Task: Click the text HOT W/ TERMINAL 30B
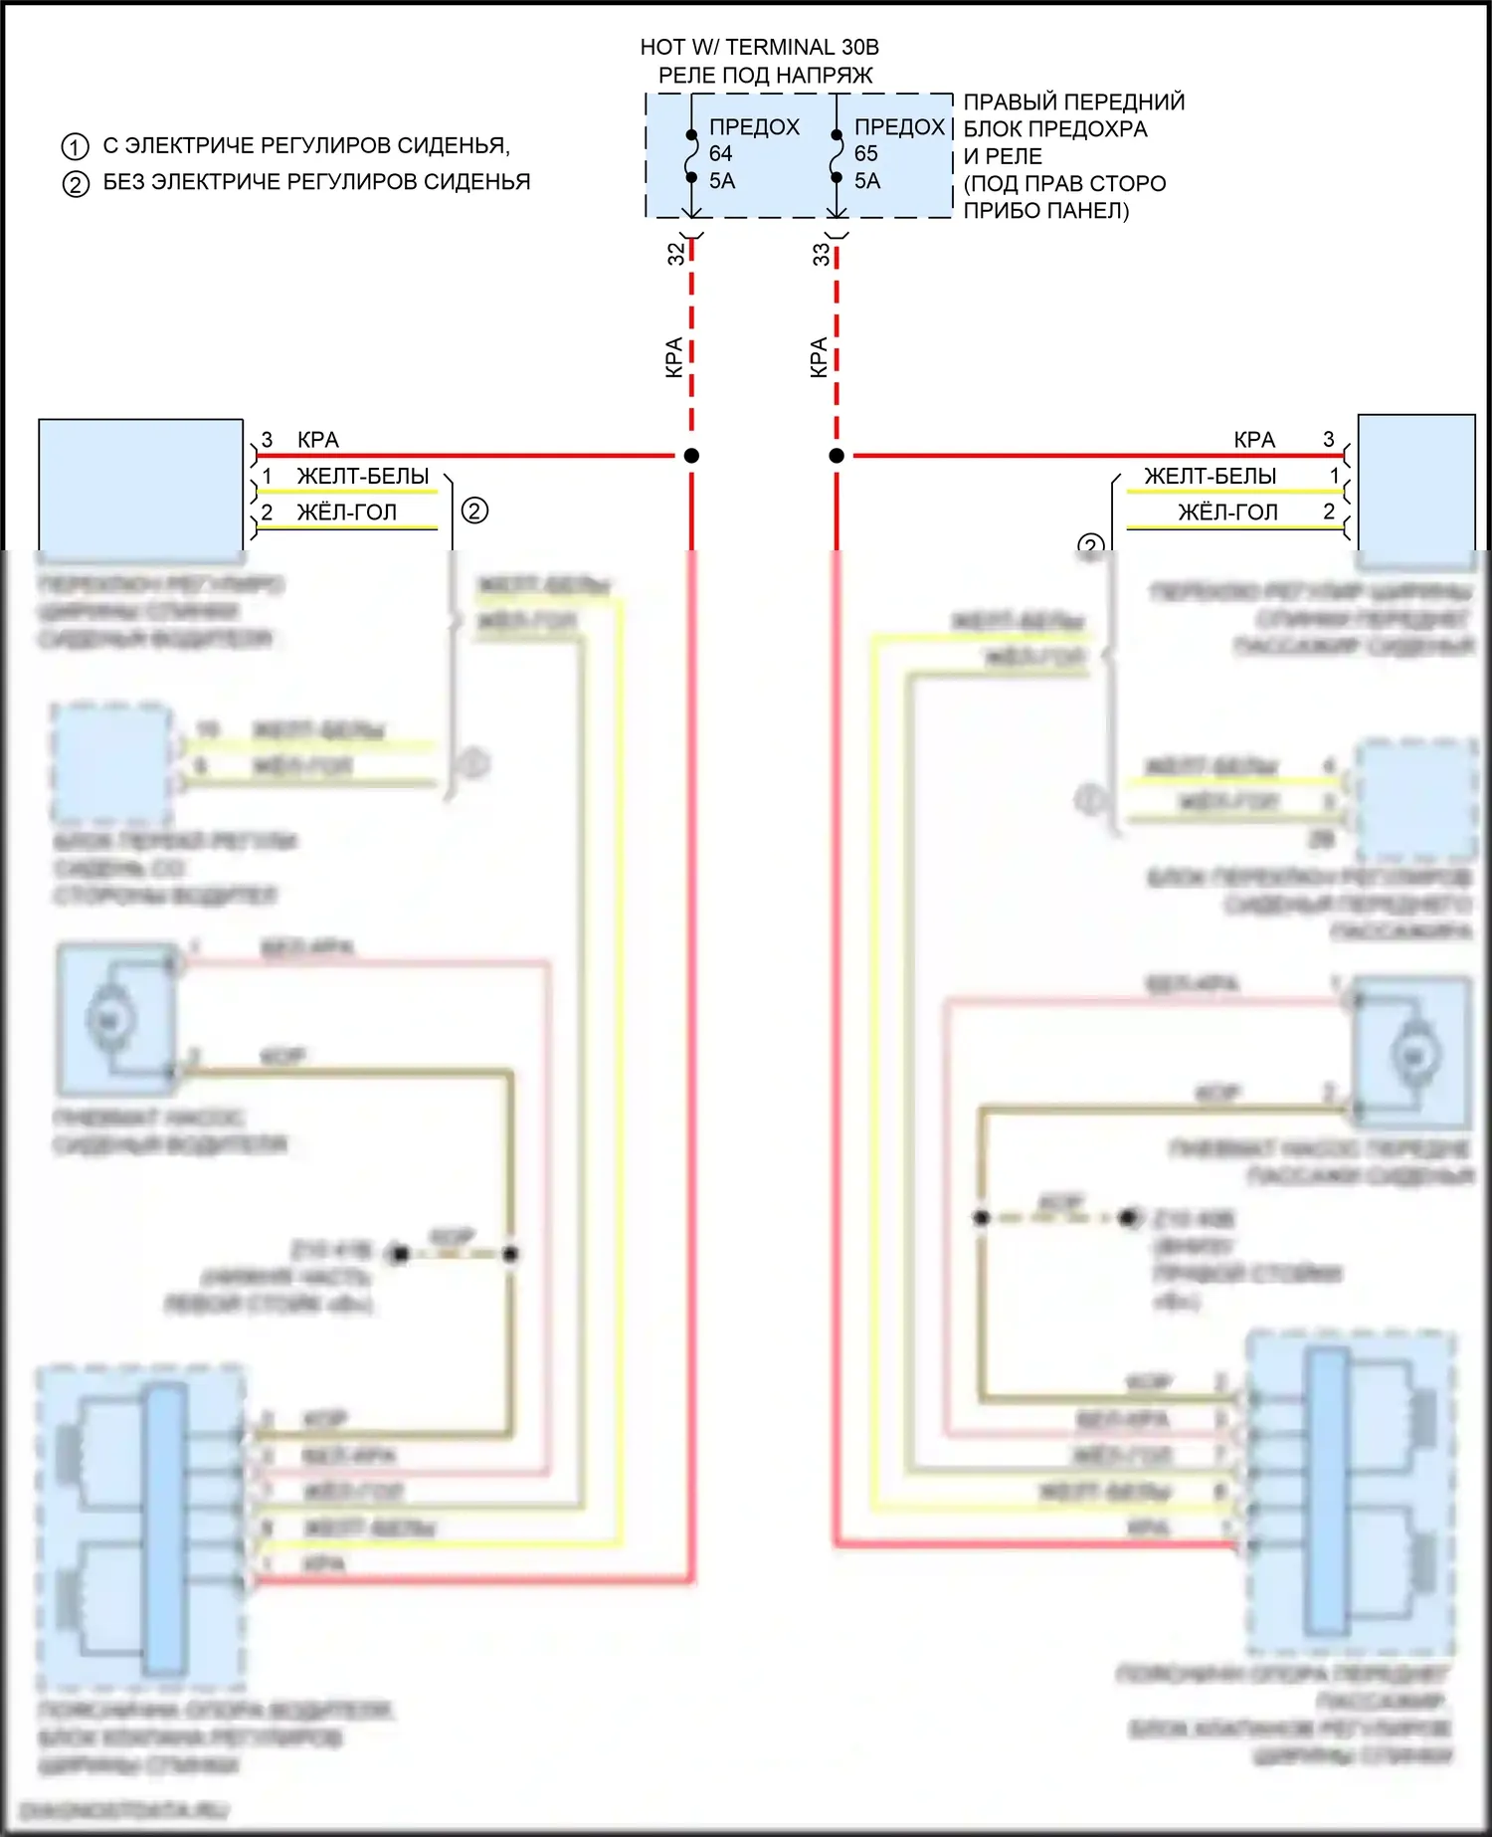[x=759, y=47]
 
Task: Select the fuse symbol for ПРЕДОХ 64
[x=691, y=156]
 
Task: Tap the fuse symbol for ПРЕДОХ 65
[x=837, y=156]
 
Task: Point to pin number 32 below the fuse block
[x=676, y=254]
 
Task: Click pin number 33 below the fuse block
[x=821, y=255]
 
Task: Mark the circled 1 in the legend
[x=76, y=147]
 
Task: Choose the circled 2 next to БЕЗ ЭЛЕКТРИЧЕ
[x=76, y=184]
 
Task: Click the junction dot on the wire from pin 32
[x=691, y=456]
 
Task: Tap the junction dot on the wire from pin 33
[x=837, y=456]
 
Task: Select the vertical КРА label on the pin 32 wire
[x=673, y=357]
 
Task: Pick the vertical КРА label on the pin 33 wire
[x=819, y=357]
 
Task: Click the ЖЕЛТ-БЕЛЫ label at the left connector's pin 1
[x=363, y=476]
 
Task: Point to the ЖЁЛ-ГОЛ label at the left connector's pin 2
[x=346, y=512]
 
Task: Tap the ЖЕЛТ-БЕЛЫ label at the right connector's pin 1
[x=1210, y=476]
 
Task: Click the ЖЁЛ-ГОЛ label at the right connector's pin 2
[x=1227, y=512]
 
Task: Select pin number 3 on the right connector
[x=1328, y=439]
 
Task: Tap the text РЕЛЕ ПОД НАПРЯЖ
[x=765, y=75]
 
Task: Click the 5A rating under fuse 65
[x=866, y=181]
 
